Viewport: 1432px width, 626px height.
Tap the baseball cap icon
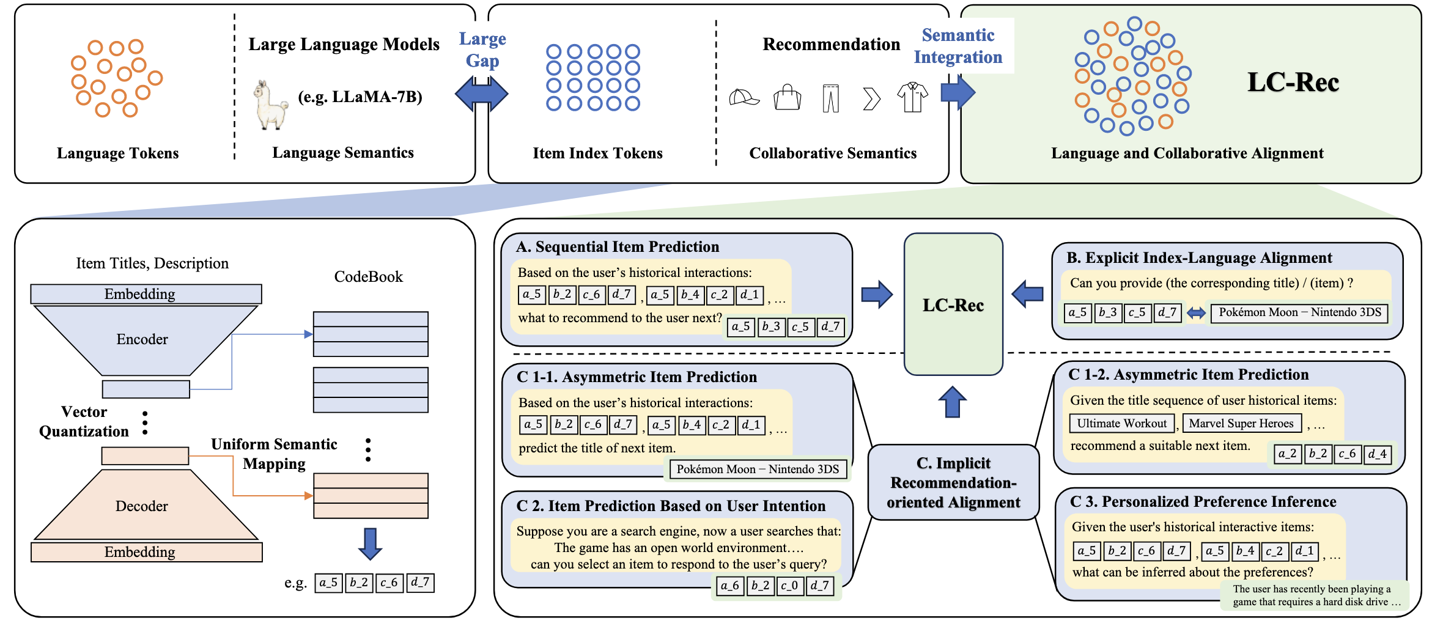(x=744, y=98)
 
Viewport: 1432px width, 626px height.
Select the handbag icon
(x=788, y=97)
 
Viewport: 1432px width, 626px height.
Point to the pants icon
(x=830, y=98)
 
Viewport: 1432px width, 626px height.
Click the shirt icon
(x=912, y=97)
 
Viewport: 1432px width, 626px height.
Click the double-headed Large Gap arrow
(x=482, y=94)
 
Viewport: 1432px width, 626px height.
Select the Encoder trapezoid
(x=146, y=340)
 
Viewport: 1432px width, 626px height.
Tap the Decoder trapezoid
(x=146, y=504)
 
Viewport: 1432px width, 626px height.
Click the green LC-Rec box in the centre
(x=953, y=304)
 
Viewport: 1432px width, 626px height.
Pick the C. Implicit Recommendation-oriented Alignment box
(x=953, y=482)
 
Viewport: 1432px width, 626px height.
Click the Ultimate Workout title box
(x=1122, y=423)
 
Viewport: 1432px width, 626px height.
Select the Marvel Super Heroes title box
(x=1241, y=423)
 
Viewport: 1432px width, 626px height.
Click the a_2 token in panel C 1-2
(x=1288, y=454)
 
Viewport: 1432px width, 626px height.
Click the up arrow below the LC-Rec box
(x=953, y=402)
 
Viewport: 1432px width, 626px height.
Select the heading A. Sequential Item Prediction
(x=618, y=246)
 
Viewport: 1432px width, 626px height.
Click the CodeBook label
(x=369, y=276)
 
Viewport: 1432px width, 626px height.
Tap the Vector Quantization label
(x=84, y=422)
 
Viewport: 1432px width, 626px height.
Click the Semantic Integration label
(x=958, y=46)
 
